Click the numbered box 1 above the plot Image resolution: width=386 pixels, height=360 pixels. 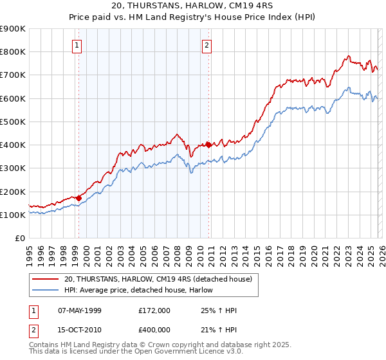coord(77,45)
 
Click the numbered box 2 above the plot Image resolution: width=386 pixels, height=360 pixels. coord(207,45)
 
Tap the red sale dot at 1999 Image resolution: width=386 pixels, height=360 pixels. coord(78,198)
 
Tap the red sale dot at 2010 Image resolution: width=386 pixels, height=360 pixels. coord(208,145)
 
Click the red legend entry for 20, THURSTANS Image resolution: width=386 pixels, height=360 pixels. coord(161,279)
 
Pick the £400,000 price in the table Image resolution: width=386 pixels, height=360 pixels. coord(154,330)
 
